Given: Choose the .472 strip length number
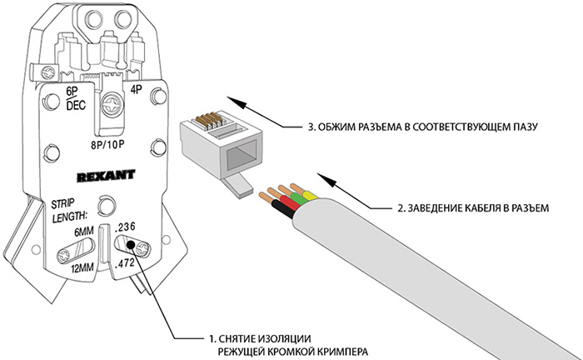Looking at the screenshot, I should [x=126, y=264].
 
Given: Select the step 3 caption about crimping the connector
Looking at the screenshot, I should [x=425, y=127].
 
